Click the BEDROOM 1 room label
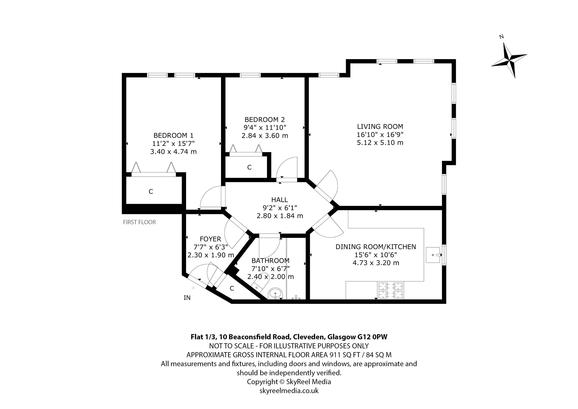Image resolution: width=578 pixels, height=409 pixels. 173,135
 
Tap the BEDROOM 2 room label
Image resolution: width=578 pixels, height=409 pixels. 265,119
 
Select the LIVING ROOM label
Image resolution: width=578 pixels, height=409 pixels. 380,127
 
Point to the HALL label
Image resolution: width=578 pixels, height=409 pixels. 280,200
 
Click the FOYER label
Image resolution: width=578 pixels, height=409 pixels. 211,239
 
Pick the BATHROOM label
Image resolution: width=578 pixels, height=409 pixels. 270,261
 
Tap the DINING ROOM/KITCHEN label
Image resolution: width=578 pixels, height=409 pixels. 376,247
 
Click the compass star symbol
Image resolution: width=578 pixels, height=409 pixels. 509,60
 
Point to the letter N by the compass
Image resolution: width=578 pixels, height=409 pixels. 502,36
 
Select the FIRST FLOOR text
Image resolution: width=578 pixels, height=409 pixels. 139,222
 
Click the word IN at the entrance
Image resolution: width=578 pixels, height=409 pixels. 187,298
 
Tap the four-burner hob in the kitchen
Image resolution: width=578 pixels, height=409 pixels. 391,290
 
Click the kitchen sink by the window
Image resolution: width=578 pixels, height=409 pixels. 433,255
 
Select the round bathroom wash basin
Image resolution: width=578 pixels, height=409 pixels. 275,294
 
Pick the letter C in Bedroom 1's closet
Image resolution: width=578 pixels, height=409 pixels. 151,192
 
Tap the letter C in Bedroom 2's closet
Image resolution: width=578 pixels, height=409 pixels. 249,167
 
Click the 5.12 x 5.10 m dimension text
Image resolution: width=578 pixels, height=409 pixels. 380,142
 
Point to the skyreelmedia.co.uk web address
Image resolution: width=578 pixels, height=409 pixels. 289,391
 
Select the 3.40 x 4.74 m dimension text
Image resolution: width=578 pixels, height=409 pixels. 173,152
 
